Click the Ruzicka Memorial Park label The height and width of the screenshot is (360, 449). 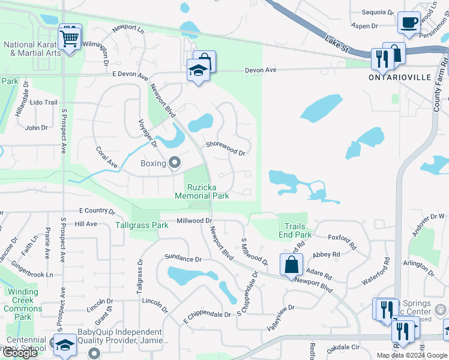(202, 191)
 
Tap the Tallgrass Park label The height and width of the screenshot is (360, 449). (142, 226)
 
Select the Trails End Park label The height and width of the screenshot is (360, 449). (295, 231)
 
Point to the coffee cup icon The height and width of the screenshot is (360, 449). (409, 23)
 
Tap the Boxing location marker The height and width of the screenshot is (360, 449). (175, 163)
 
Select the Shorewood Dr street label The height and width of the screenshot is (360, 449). (225, 148)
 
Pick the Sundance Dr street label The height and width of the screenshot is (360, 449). (183, 259)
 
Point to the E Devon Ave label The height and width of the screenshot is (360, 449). (130, 76)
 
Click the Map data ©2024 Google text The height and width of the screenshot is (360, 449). (412, 355)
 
